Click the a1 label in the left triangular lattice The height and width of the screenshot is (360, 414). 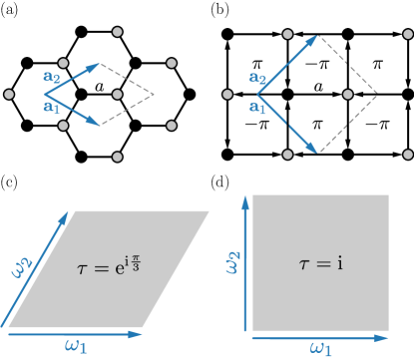pos(51,103)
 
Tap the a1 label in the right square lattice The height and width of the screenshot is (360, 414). pos(256,106)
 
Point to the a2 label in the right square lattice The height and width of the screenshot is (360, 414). pos(256,79)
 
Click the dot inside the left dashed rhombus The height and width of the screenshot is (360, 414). pos(118,94)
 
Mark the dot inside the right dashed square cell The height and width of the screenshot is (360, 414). pos(347,94)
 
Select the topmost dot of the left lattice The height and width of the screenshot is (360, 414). pos(118,32)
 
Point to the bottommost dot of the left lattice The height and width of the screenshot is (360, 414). pos(118,157)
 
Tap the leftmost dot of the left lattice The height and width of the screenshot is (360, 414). pos(9,94)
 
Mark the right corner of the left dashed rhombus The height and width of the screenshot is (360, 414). pos(155,95)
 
